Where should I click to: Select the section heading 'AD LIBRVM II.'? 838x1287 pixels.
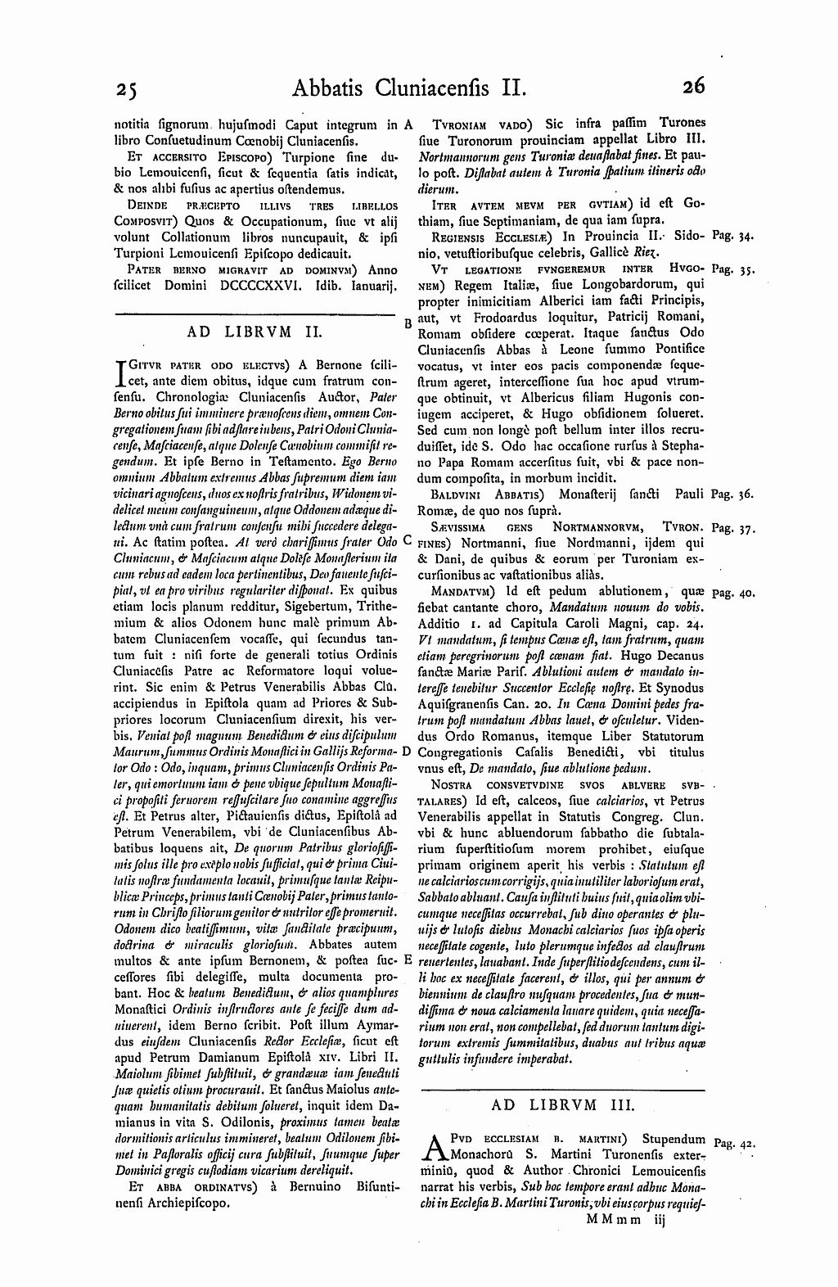coord(255,332)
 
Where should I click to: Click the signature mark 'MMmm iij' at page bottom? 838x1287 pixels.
coord(628,1220)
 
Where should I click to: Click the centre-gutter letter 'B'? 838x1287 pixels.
coord(408,323)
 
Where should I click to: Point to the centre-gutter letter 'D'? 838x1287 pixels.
coord(407,752)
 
